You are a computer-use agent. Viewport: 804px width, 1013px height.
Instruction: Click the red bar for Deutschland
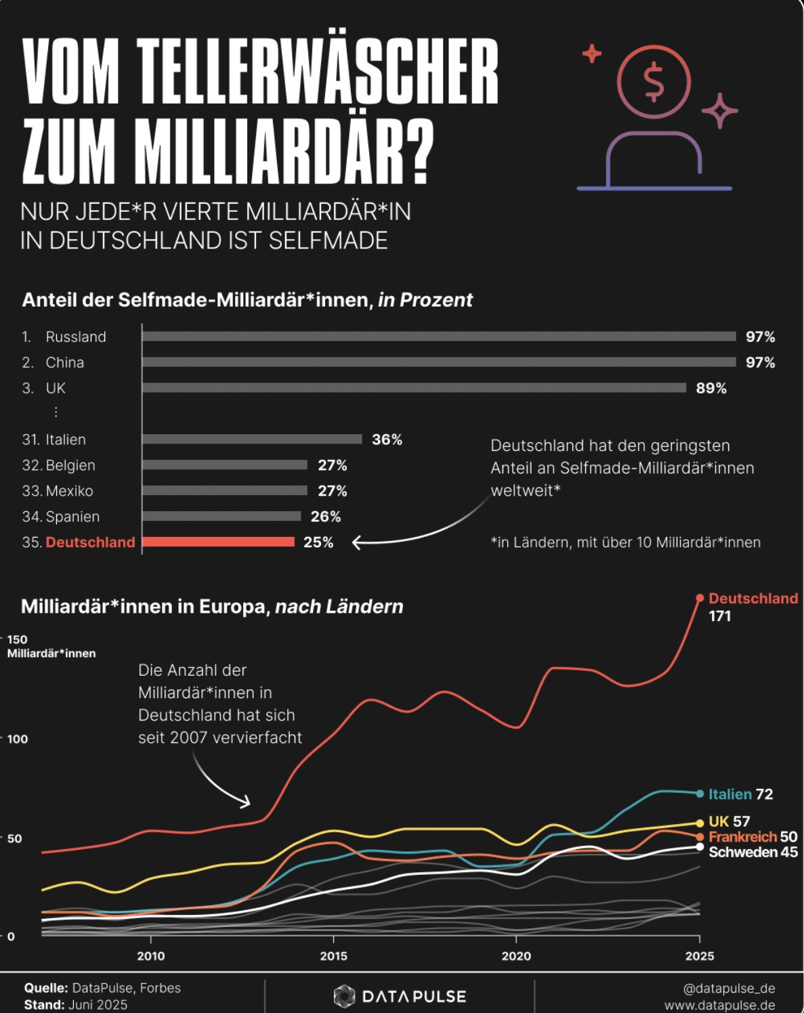point(219,542)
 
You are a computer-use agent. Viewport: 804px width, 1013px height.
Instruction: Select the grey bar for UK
point(415,388)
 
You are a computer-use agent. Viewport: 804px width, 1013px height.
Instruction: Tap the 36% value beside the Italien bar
point(387,439)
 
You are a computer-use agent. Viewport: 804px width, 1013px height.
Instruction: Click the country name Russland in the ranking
point(76,337)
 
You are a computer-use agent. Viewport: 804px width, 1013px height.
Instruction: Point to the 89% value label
point(711,388)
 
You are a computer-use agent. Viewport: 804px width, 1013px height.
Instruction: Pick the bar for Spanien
point(222,517)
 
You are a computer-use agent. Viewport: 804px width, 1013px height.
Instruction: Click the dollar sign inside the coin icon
point(654,83)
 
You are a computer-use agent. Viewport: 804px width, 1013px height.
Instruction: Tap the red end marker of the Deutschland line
point(700,598)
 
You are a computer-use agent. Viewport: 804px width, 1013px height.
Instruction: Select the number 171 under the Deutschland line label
point(720,616)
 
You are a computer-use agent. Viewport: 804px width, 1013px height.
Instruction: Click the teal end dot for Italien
point(700,794)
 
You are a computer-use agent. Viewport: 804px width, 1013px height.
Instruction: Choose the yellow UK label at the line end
point(719,821)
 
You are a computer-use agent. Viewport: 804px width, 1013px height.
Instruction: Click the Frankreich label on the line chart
point(743,837)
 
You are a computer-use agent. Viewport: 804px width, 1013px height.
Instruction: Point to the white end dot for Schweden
point(700,847)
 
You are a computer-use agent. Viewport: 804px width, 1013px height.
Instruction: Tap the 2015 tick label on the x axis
point(333,956)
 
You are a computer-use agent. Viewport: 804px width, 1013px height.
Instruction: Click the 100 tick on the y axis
point(18,739)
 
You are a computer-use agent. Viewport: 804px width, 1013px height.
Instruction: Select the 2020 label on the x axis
point(516,956)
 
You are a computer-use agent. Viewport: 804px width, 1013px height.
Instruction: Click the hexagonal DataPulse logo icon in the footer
point(344,995)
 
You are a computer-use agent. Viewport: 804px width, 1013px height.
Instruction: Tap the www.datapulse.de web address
point(720,1005)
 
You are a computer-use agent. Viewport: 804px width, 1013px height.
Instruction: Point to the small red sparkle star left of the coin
point(591,53)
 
